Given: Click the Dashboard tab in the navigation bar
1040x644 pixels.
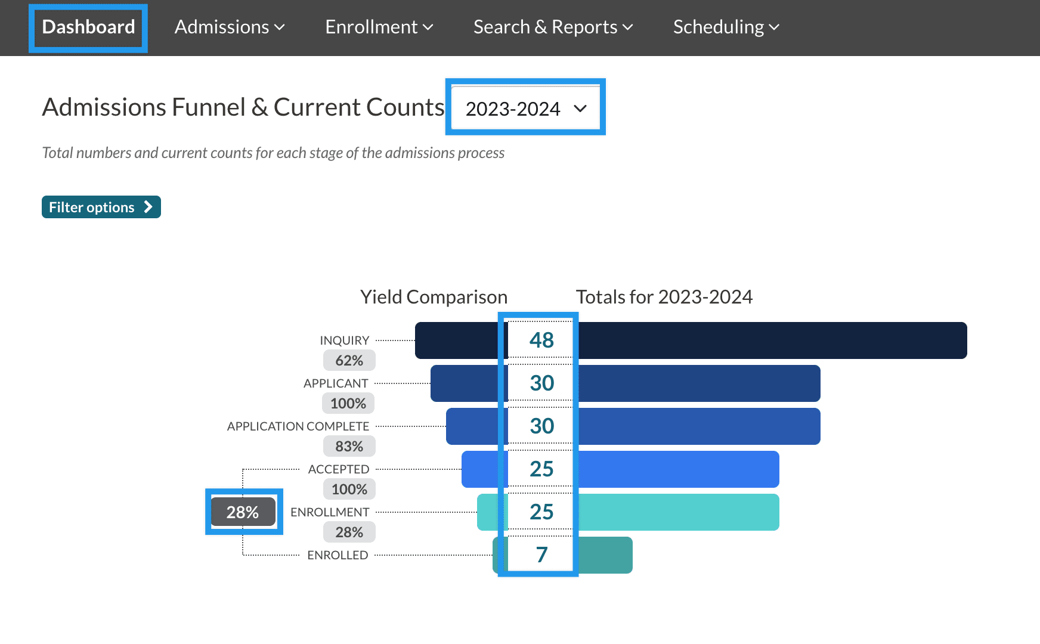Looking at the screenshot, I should pyautogui.click(x=88, y=27).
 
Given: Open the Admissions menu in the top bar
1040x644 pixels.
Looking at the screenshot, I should pyautogui.click(x=230, y=27).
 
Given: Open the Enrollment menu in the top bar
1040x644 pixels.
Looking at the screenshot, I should pyautogui.click(x=379, y=27).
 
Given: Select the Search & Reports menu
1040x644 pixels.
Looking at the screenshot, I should pyautogui.click(x=553, y=27).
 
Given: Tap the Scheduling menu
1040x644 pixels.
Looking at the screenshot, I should pyautogui.click(x=726, y=27).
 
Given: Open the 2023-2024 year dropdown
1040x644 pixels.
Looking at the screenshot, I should pyautogui.click(x=525, y=109).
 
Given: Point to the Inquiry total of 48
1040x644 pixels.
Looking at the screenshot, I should pyautogui.click(x=541, y=340).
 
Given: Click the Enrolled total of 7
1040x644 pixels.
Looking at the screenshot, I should pyautogui.click(x=541, y=555).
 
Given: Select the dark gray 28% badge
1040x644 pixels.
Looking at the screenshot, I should pyautogui.click(x=243, y=512).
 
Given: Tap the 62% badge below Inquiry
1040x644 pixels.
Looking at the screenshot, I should pyautogui.click(x=349, y=361).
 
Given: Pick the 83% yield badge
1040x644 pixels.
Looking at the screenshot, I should pyautogui.click(x=349, y=447).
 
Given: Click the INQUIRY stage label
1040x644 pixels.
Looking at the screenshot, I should pyautogui.click(x=344, y=340).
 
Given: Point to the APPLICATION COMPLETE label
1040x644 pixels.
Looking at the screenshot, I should pyautogui.click(x=298, y=426).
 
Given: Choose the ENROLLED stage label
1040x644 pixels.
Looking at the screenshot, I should pyautogui.click(x=338, y=555).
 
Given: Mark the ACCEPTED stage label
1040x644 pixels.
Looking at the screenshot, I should pyautogui.click(x=339, y=469).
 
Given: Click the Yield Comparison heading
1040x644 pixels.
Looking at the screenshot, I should pyautogui.click(x=434, y=297).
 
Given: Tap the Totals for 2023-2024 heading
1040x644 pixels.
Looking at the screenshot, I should pyautogui.click(x=664, y=297).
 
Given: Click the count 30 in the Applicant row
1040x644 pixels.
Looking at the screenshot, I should pyautogui.click(x=541, y=383).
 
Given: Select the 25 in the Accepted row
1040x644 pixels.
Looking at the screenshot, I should pyautogui.click(x=541, y=469).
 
